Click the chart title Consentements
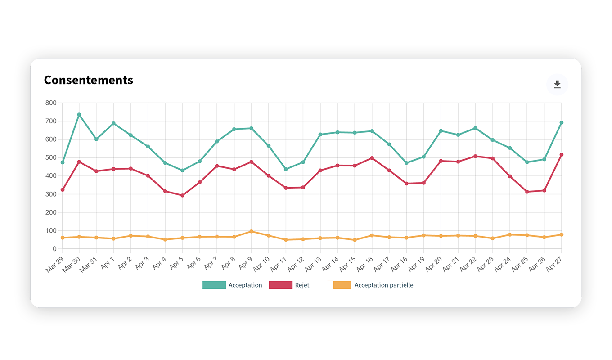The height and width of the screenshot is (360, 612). tap(89, 80)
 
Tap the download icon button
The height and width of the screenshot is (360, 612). tap(557, 85)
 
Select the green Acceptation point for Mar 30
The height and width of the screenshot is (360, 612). tap(79, 115)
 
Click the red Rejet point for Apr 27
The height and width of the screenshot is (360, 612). tap(562, 155)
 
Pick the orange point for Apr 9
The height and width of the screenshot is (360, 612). tap(252, 232)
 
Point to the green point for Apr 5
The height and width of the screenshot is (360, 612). tap(183, 171)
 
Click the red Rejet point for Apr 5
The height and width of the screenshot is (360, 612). tap(183, 196)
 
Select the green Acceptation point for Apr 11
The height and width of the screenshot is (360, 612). tap(286, 169)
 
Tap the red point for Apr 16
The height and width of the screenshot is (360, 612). tap(372, 158)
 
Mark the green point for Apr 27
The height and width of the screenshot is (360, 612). tap(562, 123)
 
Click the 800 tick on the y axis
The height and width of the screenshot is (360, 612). tap(51, 103)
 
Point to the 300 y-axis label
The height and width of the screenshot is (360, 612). tap(51, 194)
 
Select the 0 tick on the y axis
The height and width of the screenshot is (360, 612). tap(54, 249)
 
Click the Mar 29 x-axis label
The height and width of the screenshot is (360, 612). tap(54, 265)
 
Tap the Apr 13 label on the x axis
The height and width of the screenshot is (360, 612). tap(313, 265)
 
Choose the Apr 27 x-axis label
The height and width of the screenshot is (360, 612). tap(554, 265)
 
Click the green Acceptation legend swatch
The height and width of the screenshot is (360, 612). tap(214, 285)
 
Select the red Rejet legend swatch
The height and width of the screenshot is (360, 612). tap(281, 285)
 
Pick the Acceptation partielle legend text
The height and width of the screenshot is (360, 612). tap(384, 285)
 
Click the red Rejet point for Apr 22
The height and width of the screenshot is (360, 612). tap(475, 157)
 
